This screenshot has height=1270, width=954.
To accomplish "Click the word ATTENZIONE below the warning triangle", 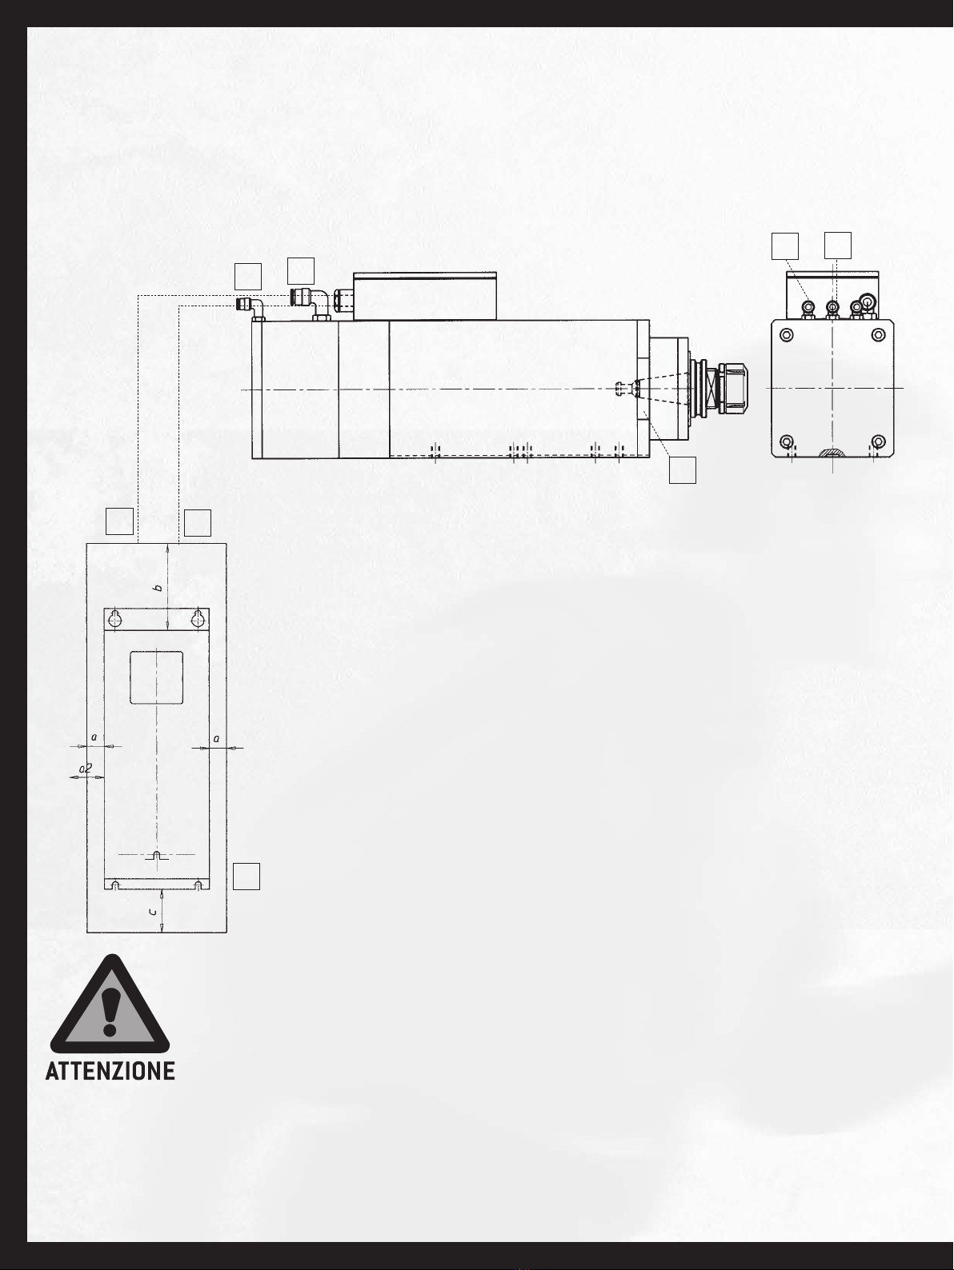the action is pos(110,1071).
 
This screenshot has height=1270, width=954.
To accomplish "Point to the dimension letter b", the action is pos(158,588).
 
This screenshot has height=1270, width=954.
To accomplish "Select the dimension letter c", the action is pos(153,912).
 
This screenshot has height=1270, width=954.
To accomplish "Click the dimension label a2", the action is pos(86,769).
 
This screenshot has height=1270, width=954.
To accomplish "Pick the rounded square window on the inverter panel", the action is pos(156,677).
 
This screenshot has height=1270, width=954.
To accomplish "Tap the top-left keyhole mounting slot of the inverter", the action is pos(115,618).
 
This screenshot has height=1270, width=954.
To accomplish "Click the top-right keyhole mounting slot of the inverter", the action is pos(198,618).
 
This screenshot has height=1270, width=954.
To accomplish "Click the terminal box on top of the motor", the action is pos(425,296).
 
